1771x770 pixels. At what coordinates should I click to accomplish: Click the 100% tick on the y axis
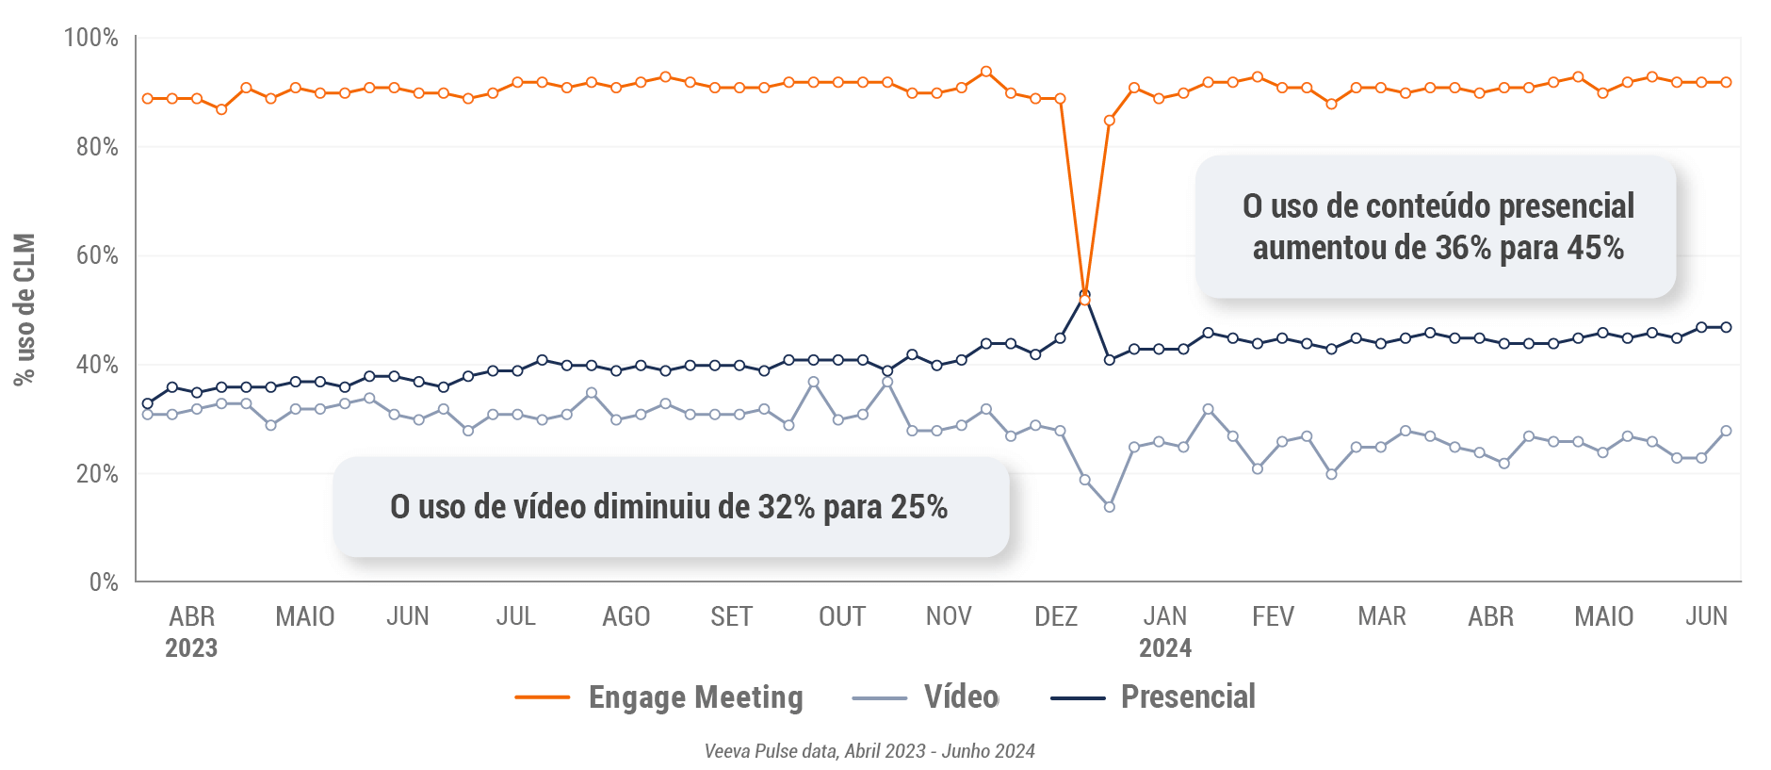pyautogui.click(x=91, y=38)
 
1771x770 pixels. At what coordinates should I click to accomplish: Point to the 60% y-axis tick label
pyautogui.click(x=97, y=255)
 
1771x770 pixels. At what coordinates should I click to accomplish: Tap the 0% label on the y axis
pyautogui.click(x=104, y=582)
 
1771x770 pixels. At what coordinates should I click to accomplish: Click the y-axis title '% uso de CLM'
pyautogui.click(x=24, y=309)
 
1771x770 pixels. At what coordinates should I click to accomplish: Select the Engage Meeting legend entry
pyautogui.click(x=659, y=697)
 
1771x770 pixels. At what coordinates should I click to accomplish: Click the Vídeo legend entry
pyautogui.click(x=925, y=697)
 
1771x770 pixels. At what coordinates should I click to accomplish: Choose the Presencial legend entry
pyautogui.click(x=1153, y=697)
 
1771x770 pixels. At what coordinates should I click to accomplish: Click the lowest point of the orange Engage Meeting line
pyautogui.click(x=1084, y=300)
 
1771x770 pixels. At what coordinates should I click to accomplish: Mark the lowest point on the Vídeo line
pyautogui.click(x=1109, y=507)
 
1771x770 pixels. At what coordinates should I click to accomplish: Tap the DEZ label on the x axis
pyautogui.click(x=1055, y=616)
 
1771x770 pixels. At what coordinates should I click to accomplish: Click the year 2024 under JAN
pyautogui.click(x=1165, y=648)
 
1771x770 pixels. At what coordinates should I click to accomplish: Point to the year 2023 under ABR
pyautogui.click(x=191, y=648)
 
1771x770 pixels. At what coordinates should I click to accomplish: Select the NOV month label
pyautogui.click(x=948, y=616)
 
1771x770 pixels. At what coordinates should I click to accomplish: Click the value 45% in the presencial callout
pyautogui.click(x=1595, y=248)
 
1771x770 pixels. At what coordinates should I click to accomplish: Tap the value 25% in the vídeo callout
pyautogui.click(x=918, y=507)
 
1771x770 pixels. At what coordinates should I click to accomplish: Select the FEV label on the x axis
pyautogui.click(x=1273, y=616)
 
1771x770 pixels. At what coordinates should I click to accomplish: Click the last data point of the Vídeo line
pyautogui.click(x=1726, y=431)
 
